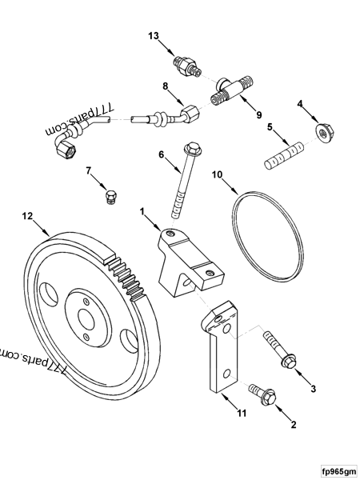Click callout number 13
[x=154, y=35]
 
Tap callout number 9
[x=258, y=114]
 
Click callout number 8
[x=166, y=86]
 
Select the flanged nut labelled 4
[x=323, y=133]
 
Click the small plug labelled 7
[x=111, y=196]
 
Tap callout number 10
[x=216, y=174]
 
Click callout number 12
[x=27, y=216]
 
